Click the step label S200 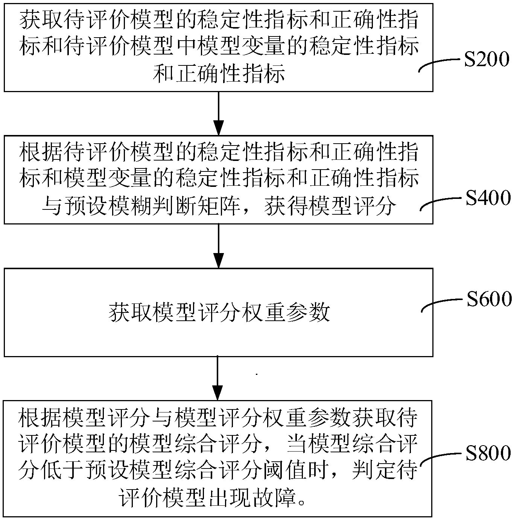coord(486,60)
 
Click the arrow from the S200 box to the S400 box coord(218,113)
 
